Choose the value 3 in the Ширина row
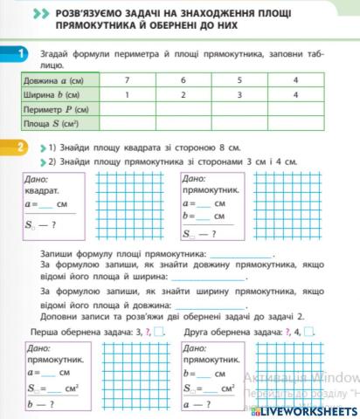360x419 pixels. [x=239, y=94]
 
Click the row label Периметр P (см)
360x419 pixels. [x=56, y=110]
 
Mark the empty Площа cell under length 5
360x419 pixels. [x=239, y=125]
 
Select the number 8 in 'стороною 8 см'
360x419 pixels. [x=218, y=148]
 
